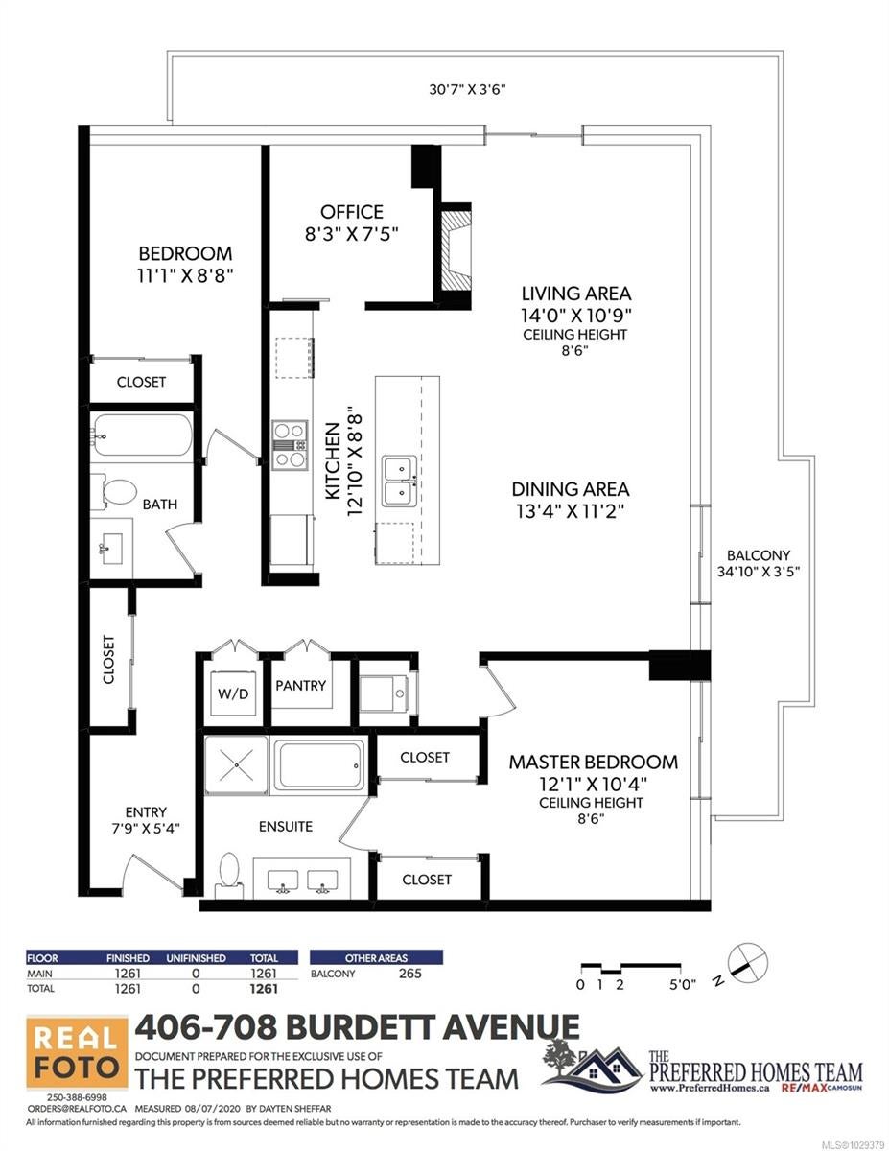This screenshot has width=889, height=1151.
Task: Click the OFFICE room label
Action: (351, 212)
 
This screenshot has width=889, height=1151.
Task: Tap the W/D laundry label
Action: (233, 693)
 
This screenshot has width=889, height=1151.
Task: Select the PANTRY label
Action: (300, 686)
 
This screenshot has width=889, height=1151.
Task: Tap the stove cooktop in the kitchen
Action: (290, 445)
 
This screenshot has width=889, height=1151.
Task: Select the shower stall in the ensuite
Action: (236, 764)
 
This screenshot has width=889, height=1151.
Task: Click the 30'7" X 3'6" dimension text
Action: (468, 89)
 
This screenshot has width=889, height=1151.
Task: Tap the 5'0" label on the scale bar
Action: (683, 985)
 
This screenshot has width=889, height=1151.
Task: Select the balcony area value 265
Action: (410, 973)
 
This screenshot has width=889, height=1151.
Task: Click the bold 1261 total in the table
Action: (264, 988)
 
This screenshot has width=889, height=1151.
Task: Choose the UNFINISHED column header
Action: (196, 957)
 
